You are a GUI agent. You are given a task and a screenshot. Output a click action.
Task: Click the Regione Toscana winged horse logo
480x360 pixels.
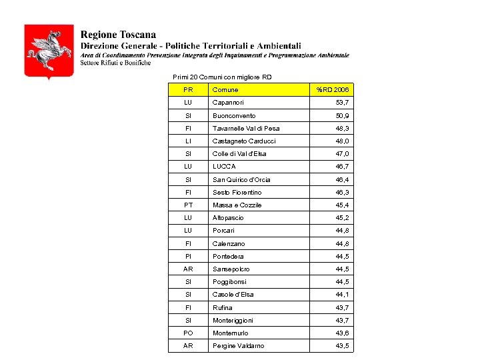(x=49, y=51)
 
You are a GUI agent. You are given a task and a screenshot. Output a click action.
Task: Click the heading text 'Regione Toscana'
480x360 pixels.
(x=119, y=34)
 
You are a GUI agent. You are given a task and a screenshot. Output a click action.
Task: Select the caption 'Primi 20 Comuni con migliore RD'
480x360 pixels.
(x=222, y=77)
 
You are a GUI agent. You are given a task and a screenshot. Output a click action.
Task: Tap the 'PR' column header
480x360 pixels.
(x=188, y=90)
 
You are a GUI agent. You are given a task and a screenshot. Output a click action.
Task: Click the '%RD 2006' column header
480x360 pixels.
(x=332, y=90)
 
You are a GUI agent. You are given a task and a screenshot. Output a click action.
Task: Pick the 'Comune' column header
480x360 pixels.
(x=225, y=90)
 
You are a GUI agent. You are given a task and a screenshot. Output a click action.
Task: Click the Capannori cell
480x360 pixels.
(x=228, y=103)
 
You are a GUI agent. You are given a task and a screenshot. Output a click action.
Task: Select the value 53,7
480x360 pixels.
(x=342, y=103)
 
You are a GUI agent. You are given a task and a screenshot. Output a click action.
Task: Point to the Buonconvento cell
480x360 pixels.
(x=233, y=116)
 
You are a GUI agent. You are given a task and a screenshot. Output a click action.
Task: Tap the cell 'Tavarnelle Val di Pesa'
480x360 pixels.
(x=246, y=129)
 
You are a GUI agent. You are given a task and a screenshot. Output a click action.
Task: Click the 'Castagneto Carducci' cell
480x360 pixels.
(x=244, y=141)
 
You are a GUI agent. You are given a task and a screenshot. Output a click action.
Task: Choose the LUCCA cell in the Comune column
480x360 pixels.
(x=224, y=167)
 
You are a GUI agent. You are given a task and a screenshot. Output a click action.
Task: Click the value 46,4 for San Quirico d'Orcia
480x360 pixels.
(x=342, y=180)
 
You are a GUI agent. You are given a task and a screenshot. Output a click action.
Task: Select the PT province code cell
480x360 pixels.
(x=188, y=205)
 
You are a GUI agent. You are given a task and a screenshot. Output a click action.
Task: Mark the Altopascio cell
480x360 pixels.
(x=228, y=218)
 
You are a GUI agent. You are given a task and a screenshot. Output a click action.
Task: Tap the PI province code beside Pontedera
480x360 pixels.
(x=188, y=257)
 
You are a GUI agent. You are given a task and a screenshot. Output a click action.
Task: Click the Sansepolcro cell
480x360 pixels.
(x=231, y=269)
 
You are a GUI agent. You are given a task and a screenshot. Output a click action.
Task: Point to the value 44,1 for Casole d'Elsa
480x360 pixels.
(x=342, y=295)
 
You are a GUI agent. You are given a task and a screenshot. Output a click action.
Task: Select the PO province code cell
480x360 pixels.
(x=188, y=333)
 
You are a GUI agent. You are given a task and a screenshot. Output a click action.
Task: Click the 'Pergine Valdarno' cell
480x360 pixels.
(x=238, y=346)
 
